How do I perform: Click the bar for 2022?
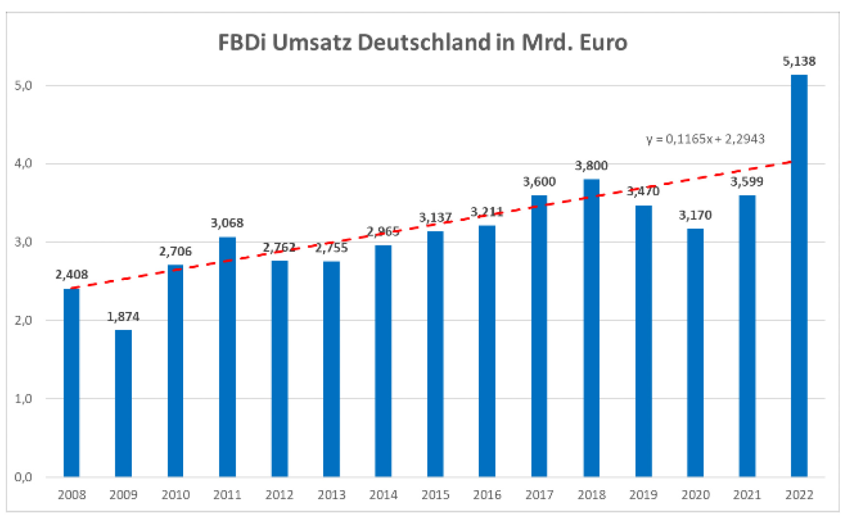tap(799, 276)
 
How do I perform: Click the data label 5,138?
tap(799, 62)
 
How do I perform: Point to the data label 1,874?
tap(123, 317)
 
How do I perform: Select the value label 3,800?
tap(591, 166)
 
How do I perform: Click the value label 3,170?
tap(695, 215)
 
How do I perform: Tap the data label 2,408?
tap(72, 275)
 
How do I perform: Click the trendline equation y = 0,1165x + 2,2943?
tap(705, 139)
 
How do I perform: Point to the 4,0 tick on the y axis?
tap(23, 164)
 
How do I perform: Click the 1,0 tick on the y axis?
tap(23, 399)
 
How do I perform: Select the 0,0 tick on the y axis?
tap(23, 477)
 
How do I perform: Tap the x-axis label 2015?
tap(435, 495)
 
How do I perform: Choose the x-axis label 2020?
tap(695, 495)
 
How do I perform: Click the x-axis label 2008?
tap(72, 495)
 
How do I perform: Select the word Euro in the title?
tap(603, 43)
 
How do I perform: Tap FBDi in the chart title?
tap(242, 43)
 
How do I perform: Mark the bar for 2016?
tap(487, 351)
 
